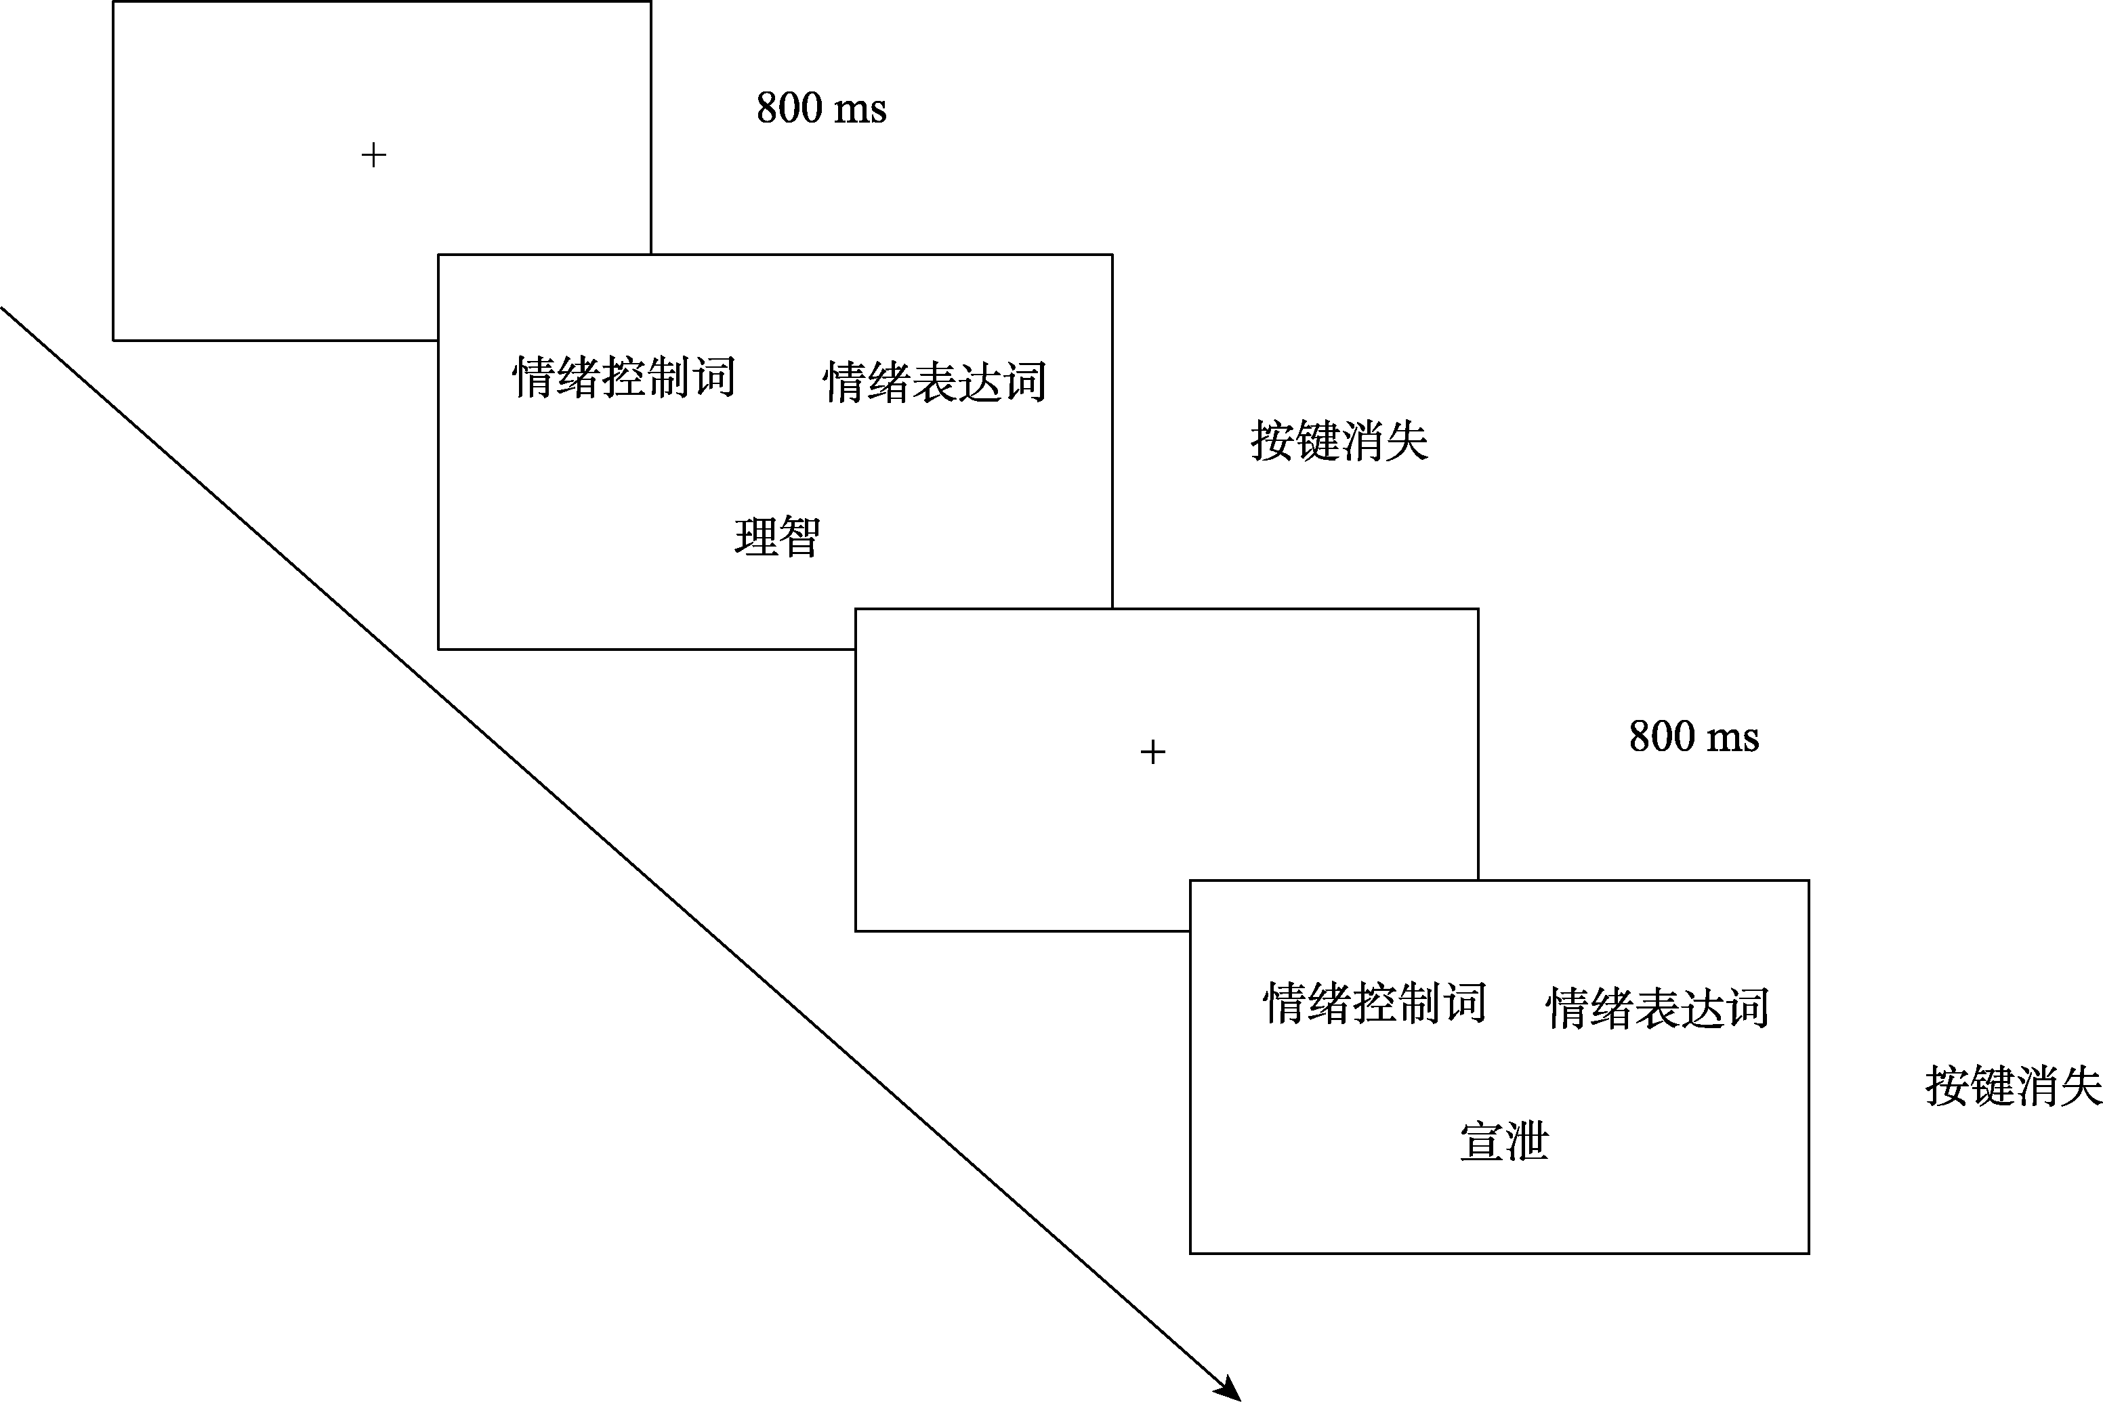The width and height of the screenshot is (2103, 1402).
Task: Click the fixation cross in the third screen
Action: click(x=1153, y=752)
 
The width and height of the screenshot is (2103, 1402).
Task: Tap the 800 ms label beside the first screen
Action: click(x=821, y=108)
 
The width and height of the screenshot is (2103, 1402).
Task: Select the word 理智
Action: click(x=777, y=536)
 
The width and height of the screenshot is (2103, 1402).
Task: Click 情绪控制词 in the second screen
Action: click(x=623, y=377)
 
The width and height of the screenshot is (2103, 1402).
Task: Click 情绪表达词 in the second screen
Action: click(x=934, y=382)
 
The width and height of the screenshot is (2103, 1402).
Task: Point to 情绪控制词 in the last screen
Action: click(x=1374, y=1002)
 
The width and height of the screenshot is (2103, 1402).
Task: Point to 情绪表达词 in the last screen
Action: click(x=1657, y=1008)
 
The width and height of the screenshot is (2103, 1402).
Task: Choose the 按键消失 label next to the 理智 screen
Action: click(x=1339, y=441)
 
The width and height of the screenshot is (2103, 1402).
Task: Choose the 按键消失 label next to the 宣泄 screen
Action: click(x=2013, y=1086)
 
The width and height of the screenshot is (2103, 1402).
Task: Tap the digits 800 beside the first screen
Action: click(x=790, y=108)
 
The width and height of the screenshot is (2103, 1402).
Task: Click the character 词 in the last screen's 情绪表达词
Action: click(x=1747, y=1008)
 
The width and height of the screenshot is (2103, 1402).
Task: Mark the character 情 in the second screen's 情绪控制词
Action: click(x=534, y=377)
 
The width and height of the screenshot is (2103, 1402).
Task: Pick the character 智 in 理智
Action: click(x=799, y=536)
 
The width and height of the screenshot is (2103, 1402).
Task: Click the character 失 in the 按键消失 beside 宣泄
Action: click(x=2081, y=1086)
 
